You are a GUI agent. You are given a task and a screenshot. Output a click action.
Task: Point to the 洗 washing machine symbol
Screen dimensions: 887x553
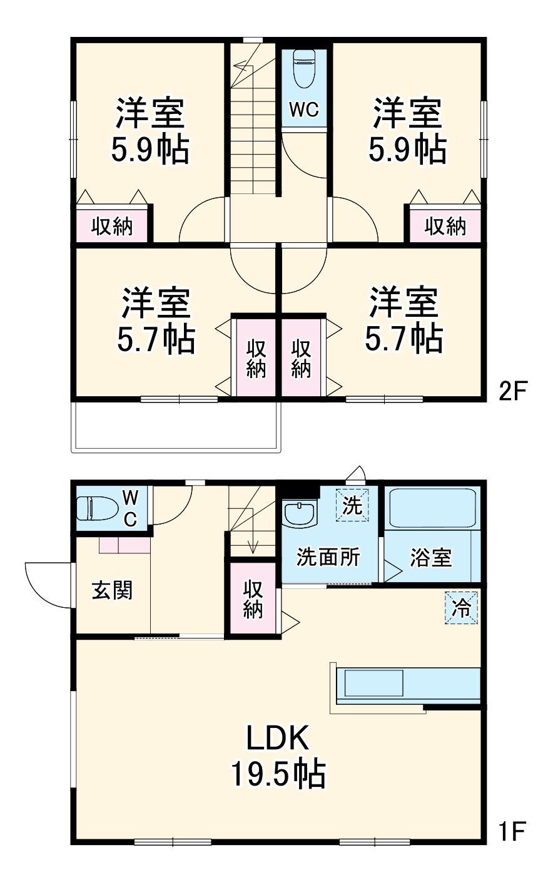(x=353, y=505)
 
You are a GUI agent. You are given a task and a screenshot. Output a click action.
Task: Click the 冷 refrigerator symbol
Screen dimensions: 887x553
(x=462, y=608)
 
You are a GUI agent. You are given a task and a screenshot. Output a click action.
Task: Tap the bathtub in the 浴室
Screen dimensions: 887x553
(x=432, y=508)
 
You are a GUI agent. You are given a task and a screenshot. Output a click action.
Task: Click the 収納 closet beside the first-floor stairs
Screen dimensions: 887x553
(x=253, y=600)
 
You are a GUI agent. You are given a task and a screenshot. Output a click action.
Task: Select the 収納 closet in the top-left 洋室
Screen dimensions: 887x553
(x=113, y=225)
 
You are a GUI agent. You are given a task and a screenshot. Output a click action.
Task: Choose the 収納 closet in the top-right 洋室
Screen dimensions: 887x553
(x=445, y=225)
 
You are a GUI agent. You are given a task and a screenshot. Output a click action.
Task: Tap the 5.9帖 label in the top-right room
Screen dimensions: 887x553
(x=407, y=149)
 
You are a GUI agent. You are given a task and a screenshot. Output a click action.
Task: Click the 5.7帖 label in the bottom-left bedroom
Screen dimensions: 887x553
(x=156, y=339)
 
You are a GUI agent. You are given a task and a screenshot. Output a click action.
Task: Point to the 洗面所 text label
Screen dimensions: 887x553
(x=328, y=556)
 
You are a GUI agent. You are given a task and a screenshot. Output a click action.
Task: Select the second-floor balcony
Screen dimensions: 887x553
(x=176, y=426)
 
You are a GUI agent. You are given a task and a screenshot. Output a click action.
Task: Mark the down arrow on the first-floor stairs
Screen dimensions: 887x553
(x=253, y=545)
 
